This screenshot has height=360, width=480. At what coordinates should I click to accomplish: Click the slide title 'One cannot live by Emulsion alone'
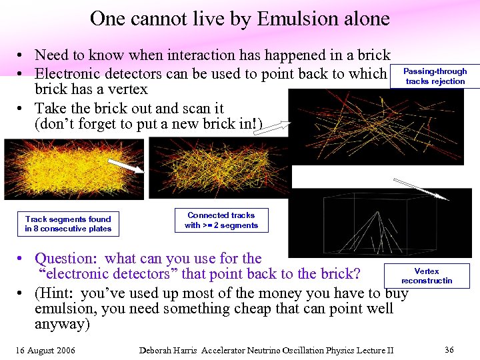click(239, 19)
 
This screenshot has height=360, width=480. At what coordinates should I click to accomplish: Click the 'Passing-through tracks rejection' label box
click(435, 76)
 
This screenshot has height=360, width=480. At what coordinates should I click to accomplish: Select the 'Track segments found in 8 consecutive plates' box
click(68, 224)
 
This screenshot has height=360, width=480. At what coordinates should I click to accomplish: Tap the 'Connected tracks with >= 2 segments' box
click(221, 220)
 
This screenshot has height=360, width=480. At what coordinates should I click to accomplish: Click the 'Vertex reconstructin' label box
click(427, 276)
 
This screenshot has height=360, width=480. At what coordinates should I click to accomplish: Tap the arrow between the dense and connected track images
click(126, 166)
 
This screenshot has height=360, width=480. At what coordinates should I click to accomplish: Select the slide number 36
click(449, 349)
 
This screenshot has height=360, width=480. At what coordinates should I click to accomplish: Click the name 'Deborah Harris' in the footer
click(169, 350)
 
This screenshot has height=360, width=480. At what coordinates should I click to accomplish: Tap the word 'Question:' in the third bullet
click(68, 258)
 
